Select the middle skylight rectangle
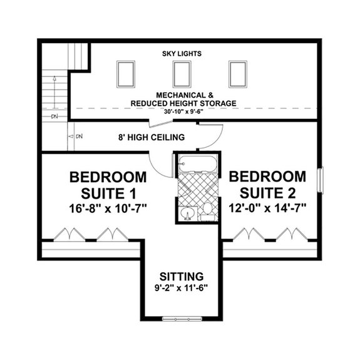[182, 73]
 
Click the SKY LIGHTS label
[182, 54]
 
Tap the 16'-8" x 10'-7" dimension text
[108, 207]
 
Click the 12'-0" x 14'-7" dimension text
[270, 207]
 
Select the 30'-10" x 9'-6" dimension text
[182, 111]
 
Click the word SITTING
[181, 275]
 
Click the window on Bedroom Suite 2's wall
[320, 180]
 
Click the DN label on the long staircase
[54, 116]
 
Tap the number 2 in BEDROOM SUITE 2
[293, 190]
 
